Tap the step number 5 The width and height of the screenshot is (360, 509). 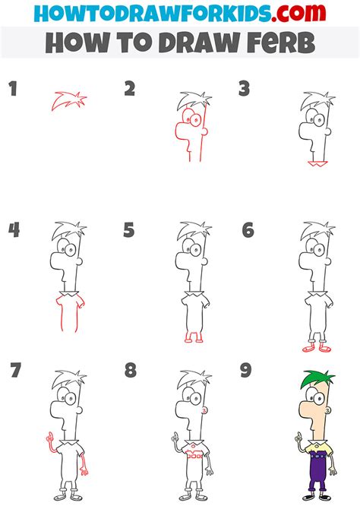128,229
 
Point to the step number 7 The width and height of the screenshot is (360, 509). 14,371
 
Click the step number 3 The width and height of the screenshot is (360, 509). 244,90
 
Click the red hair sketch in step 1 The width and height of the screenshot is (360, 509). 69,100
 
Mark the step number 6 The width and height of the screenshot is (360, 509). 248,229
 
